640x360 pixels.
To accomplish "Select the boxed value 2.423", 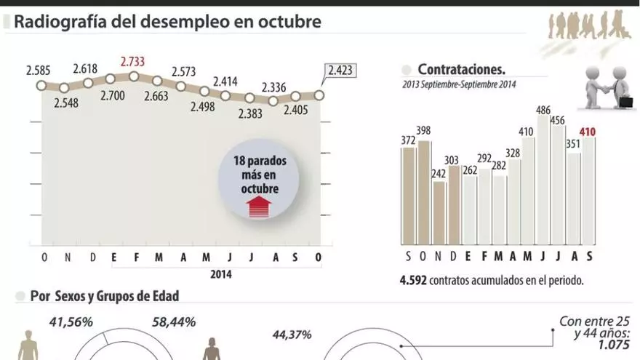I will point(340,71).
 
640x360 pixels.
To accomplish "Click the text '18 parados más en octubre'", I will point(260,175).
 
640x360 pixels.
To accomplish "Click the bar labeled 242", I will point(439,212).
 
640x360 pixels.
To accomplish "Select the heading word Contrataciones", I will point(461,70).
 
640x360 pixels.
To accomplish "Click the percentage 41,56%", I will point(71,321).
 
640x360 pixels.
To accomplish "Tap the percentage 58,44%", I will point(174,321).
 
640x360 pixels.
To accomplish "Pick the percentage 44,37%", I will point(292,335).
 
